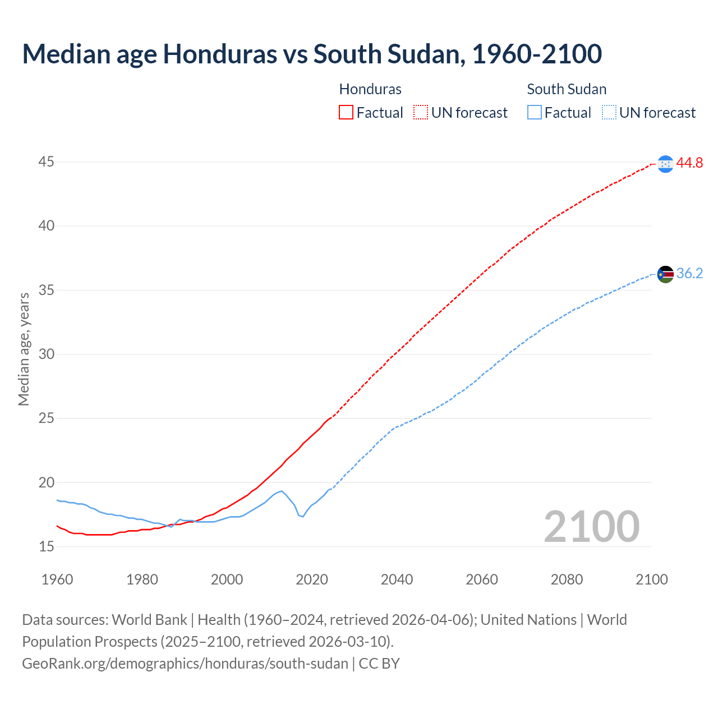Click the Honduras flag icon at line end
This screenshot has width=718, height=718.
(x=665, y=164)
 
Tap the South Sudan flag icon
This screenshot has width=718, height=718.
(x=665, y=274)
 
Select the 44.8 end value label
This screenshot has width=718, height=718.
(x=689, y=163)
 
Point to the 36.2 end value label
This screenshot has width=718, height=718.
(x=689, y=274)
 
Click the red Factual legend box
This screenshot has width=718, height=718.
(x=346, y=113)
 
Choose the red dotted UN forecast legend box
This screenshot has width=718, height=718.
(x=421, y=113)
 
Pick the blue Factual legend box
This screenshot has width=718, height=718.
(x=535, y=113)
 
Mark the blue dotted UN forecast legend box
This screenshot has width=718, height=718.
(x=609, y=113)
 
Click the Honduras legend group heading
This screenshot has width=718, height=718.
(x=370, y=89)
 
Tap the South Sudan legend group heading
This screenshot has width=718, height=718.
(x=567, y=89)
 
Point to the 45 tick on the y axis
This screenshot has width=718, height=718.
(x=47, y=162)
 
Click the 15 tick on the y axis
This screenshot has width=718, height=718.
(x=47, y=546)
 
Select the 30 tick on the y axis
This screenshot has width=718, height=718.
(x=47, y=354)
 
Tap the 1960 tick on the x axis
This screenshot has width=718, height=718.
(x=57, y=579)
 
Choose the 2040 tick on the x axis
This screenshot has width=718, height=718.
(x=397, y=579)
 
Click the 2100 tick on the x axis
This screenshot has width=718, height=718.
(x=652, y=579)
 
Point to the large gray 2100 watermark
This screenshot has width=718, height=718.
(x=592, y=526)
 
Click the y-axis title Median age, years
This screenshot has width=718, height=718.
(x=24, y=349)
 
